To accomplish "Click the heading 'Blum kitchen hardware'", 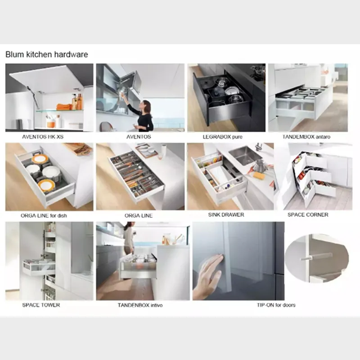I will coord(47,54).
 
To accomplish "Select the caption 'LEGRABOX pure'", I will coord(219,136).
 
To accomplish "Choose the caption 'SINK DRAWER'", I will coord(227,215).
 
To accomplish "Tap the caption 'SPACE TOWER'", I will coord(41,305).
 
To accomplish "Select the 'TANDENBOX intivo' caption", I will coord(140,305).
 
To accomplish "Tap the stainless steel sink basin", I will coord(244,155).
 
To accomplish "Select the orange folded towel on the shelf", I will coord(63,107).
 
